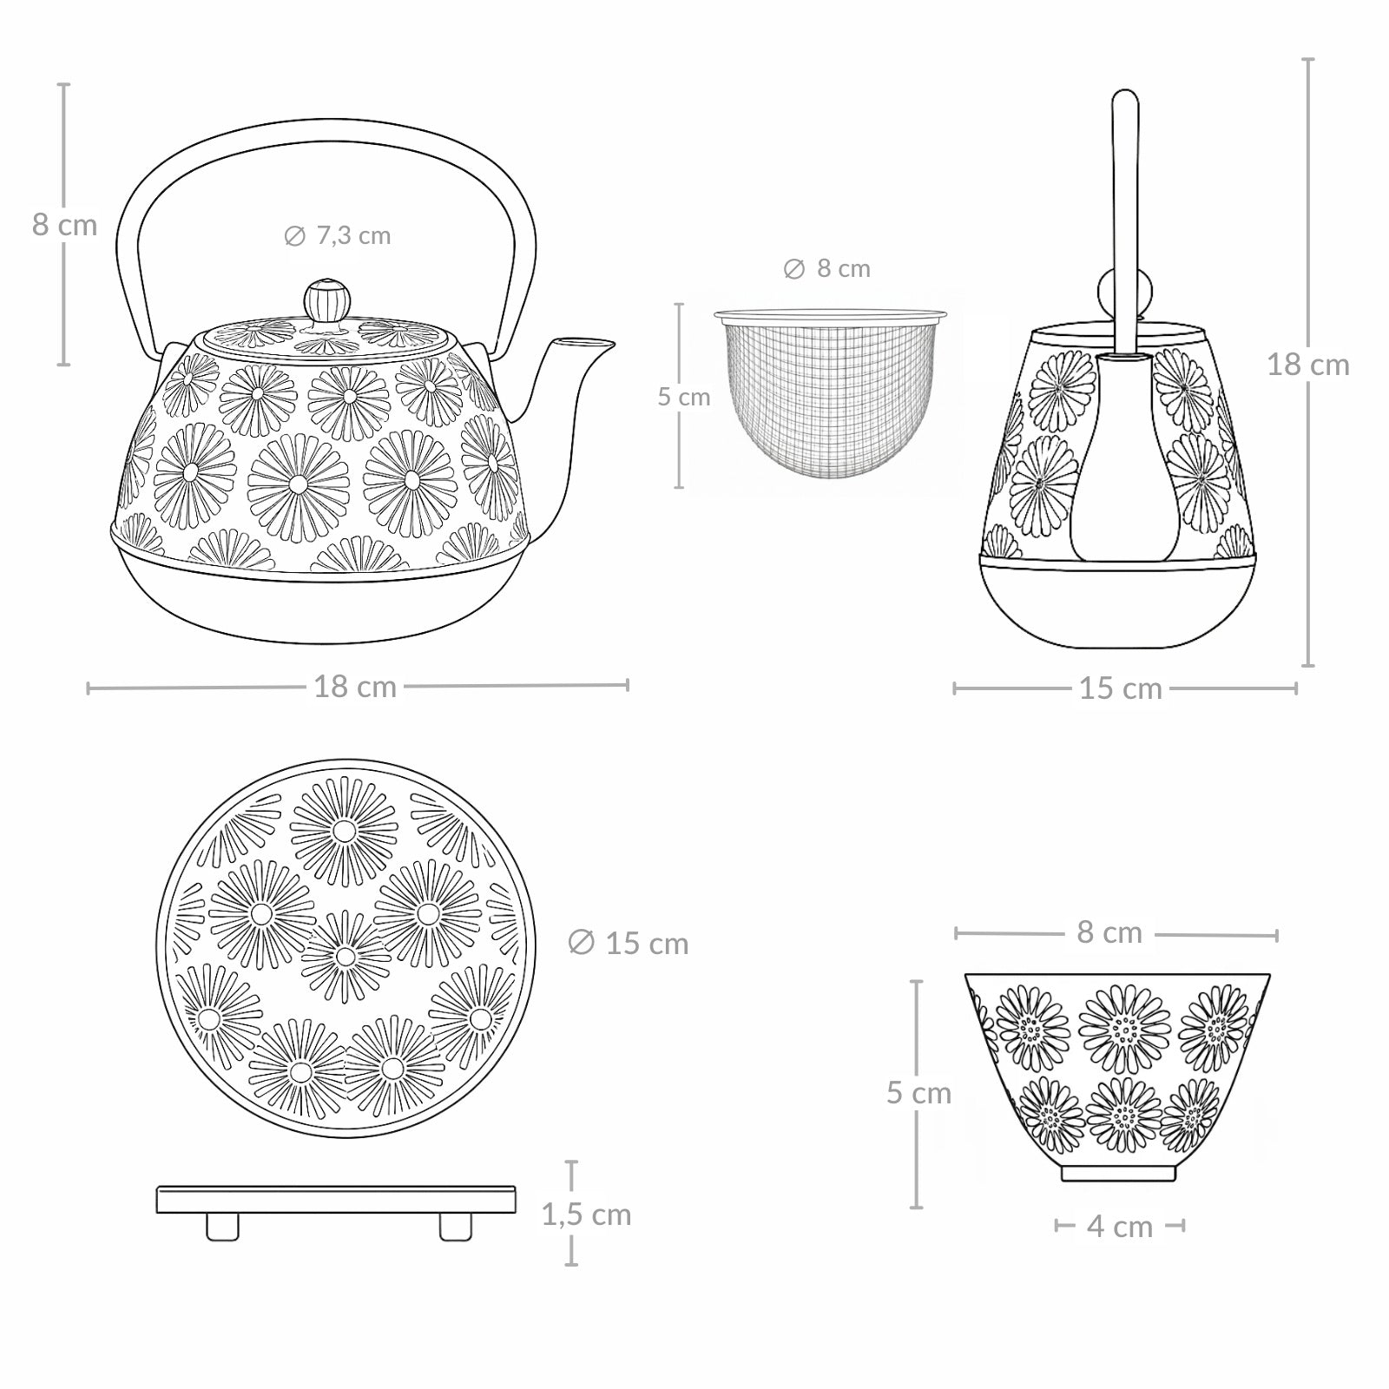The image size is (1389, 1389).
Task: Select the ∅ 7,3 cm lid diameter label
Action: (x=338, y=235)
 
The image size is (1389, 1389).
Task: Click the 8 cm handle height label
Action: (x=64, y=225)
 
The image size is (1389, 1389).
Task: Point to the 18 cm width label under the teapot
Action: (x=355, y=686)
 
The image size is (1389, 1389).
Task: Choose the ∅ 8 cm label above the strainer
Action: (x=826, y=269)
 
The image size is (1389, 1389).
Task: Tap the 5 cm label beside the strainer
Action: (x=683, y=397)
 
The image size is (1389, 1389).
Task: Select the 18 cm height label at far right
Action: (x=1307, y=365)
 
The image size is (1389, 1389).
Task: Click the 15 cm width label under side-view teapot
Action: (x=1120, y=688)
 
